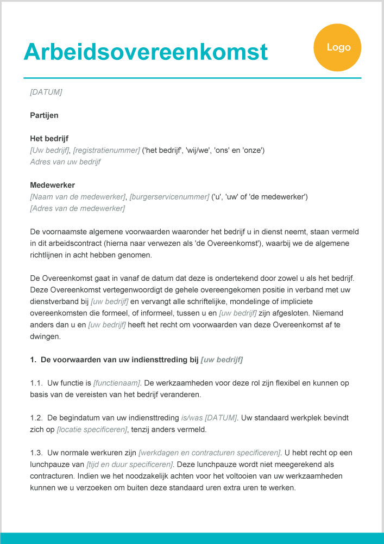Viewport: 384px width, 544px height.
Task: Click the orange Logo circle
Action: pos(337,48)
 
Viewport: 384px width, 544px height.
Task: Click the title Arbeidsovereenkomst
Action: pos(146,52)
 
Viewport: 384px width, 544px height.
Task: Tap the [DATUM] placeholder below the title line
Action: pos(46,92)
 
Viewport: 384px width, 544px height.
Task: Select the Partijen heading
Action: pos(44,115)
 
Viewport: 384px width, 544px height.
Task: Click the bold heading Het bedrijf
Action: pos(49,138)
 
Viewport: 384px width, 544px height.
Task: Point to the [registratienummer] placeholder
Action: pos(106,150)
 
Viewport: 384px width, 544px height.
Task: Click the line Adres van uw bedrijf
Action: pos(65,162)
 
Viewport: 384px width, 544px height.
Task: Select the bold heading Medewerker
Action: pos(52,185)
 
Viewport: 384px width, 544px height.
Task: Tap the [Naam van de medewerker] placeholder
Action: pos(78,196)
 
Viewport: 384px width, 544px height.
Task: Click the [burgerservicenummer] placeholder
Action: pos(169,196)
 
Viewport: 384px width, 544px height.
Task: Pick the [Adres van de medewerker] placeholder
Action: pos(78,208)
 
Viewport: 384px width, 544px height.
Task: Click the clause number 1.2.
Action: pos(36,418)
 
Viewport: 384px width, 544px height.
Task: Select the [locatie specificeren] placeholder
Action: pos(92,430)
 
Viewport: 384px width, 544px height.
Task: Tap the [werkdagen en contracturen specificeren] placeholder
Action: pos(210,453)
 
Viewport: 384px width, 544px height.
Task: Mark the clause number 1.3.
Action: pos(36,453)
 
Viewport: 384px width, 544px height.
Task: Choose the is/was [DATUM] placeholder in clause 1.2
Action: pos(209,418)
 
